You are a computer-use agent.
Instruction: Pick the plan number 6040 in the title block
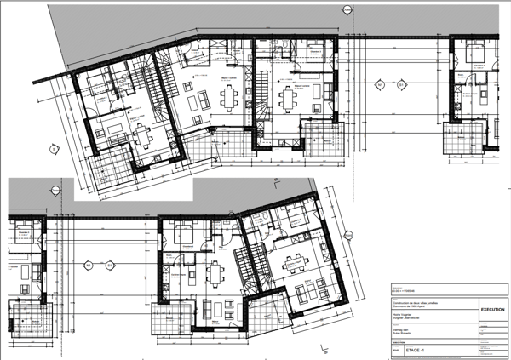(395, 349)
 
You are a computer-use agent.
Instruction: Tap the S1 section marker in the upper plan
(401, 84)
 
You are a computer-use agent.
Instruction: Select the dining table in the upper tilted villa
(139, 133)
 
